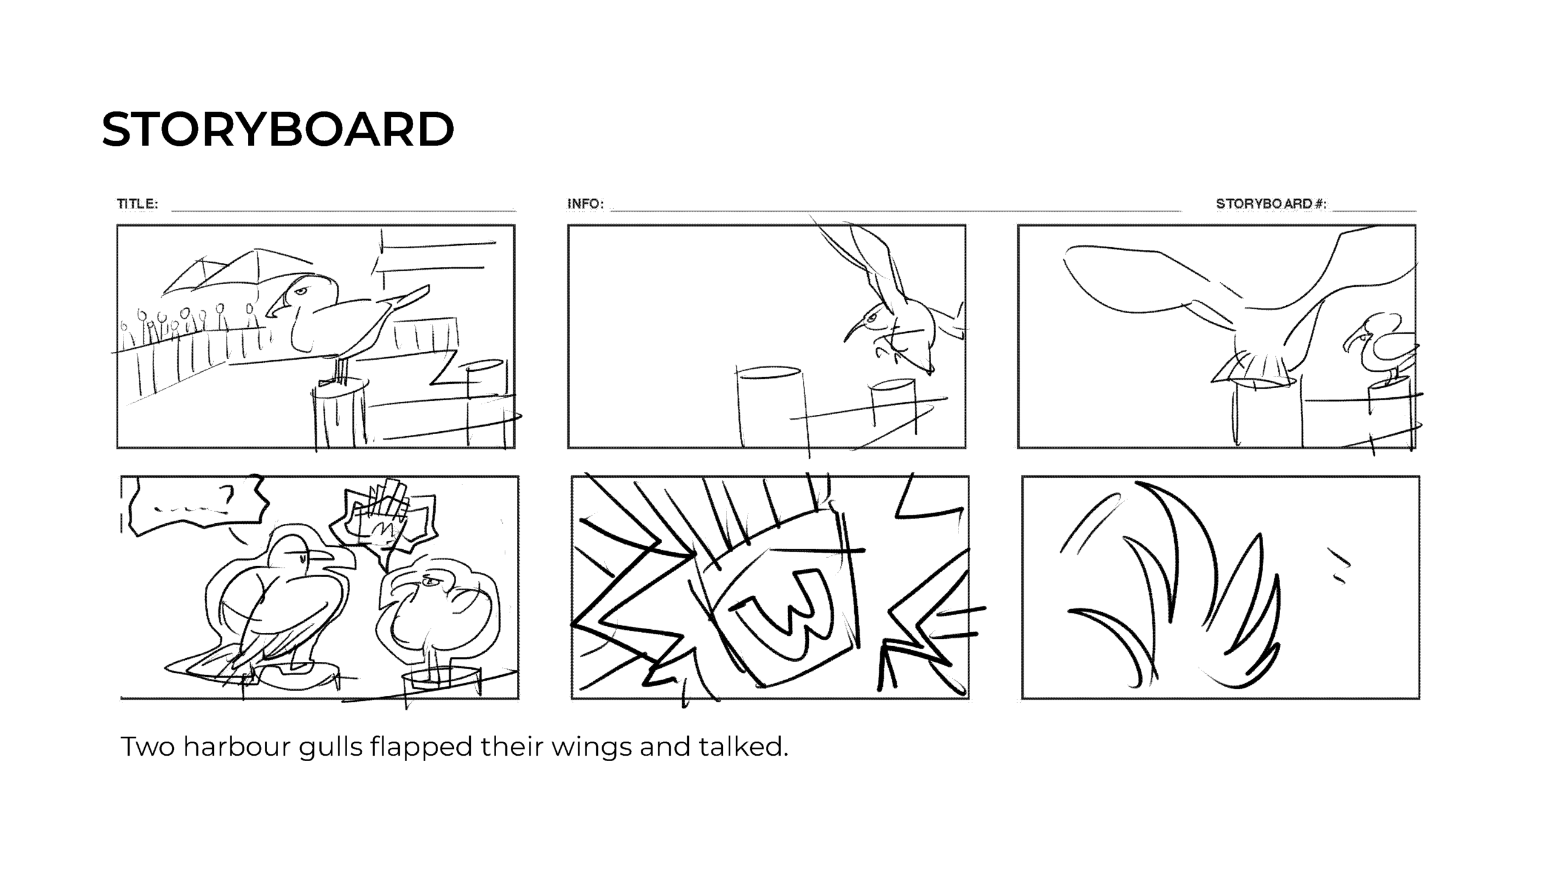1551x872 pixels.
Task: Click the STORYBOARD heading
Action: pyautogui.click(x=277, y=129)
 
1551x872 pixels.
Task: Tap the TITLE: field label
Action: pyautogui.click(x=138, y=203)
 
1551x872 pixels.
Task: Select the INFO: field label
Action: pyautogui.click(x=585, y=203)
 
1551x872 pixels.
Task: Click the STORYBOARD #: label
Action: pyautogui.click(x=1271, y=203)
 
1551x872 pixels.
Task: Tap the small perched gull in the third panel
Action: pyautogui.click(x=1381, y=350)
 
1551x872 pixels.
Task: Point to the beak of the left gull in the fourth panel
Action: pyautogui.click(x=320, y=555)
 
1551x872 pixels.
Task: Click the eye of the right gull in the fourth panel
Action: pyautogui.click(x=430, y=582)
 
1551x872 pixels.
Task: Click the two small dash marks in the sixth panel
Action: pyautogui.click(x=1340, y=566)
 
